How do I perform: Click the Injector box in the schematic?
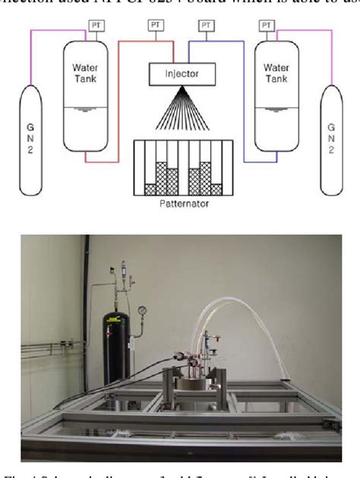(x=180, y=74)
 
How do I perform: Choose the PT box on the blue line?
(x=206, y=27)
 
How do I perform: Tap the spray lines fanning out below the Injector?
(x=180, y=114)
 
